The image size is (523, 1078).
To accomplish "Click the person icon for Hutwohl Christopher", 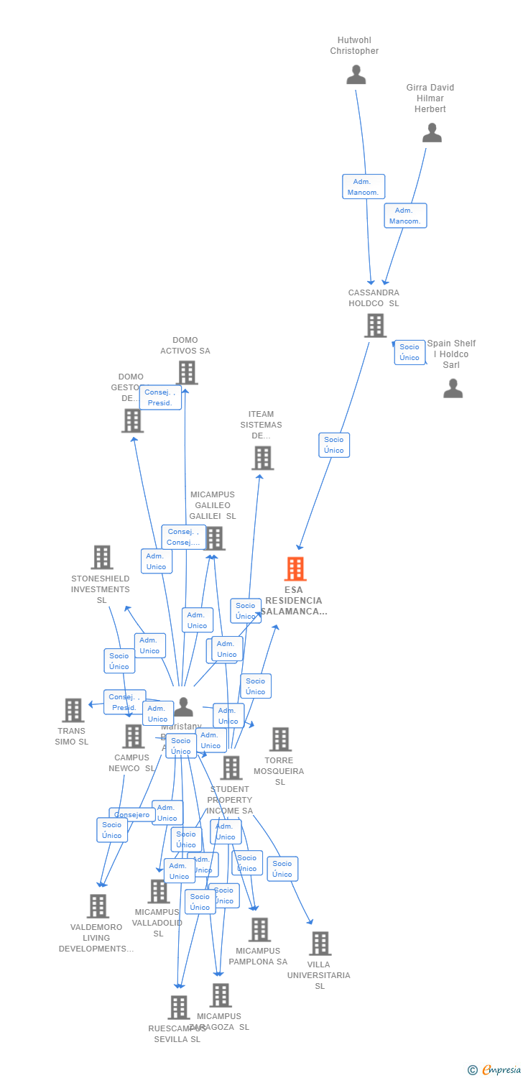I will (x=356, y=75).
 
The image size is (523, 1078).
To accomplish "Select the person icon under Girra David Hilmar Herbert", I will (x=432, y=133).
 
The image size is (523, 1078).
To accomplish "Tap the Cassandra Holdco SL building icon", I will (x=375, y=326).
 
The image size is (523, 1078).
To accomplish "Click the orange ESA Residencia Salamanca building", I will (x=295, y=568).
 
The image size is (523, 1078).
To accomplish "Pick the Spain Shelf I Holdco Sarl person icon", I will (x=453, y=389).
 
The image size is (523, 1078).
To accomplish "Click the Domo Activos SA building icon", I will (x=187, y=373).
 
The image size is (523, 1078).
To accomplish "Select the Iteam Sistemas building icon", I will (x=262, y=458).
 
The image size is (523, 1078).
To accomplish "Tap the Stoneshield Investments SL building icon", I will (x=102, y=557).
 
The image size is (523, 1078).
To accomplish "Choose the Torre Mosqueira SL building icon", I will (x=280, y=739).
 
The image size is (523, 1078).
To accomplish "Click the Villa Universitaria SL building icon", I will (x=320, y=944).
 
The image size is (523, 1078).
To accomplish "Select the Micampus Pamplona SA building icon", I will (x=259, y=929).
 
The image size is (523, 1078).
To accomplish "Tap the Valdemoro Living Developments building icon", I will (x=98, y=906).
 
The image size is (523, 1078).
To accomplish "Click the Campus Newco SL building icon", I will (x=133, y=736).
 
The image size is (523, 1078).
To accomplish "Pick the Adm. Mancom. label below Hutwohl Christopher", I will (x=364, y=187).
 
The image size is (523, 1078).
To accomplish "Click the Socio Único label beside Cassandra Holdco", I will (x=409, y=352).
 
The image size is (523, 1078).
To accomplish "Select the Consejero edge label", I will (x=132, y=814).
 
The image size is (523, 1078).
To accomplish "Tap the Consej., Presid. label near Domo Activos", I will (x=160, y=397).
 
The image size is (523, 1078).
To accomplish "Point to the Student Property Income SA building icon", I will (x=231, y=768).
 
